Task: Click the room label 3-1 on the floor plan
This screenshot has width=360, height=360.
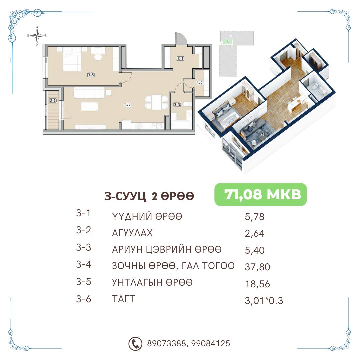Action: coord(180,59)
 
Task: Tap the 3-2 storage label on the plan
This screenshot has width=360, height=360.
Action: coord(199,83)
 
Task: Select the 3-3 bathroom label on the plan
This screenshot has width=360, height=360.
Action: coord(177,105)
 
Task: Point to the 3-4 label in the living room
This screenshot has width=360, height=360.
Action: coord(128,105)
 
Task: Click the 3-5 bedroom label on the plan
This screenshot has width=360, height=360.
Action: coord(91,75)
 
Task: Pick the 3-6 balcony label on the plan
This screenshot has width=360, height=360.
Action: coord(53,100)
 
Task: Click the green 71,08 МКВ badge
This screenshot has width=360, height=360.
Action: coord(261,194)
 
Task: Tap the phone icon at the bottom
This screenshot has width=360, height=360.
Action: coord(135,344)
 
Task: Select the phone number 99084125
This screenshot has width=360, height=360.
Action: coord(211,343)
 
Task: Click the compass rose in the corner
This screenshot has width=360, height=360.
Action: coord(37,36)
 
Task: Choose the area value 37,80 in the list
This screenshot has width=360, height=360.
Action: coord(257,267)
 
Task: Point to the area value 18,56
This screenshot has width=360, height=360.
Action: coord(257,284)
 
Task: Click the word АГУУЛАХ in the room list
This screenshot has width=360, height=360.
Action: coord(132,233)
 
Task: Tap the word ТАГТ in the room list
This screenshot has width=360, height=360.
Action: coord(123,299)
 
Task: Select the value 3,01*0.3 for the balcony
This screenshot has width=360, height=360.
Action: coord(264,301)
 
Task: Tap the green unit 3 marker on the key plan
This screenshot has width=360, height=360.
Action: coord(227,42)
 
